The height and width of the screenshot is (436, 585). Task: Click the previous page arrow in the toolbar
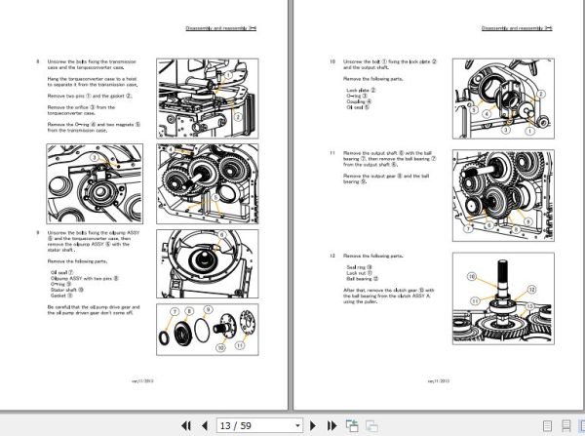204,425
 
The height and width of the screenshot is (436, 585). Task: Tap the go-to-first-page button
183,425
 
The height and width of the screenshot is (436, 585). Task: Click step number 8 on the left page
38,61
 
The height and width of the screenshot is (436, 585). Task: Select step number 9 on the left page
38,232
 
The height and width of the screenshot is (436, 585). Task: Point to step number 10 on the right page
331,61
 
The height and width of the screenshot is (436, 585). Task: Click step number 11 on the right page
331,153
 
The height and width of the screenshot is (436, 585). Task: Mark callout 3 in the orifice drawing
95,158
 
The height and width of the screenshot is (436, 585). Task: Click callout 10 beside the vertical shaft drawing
472,278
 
